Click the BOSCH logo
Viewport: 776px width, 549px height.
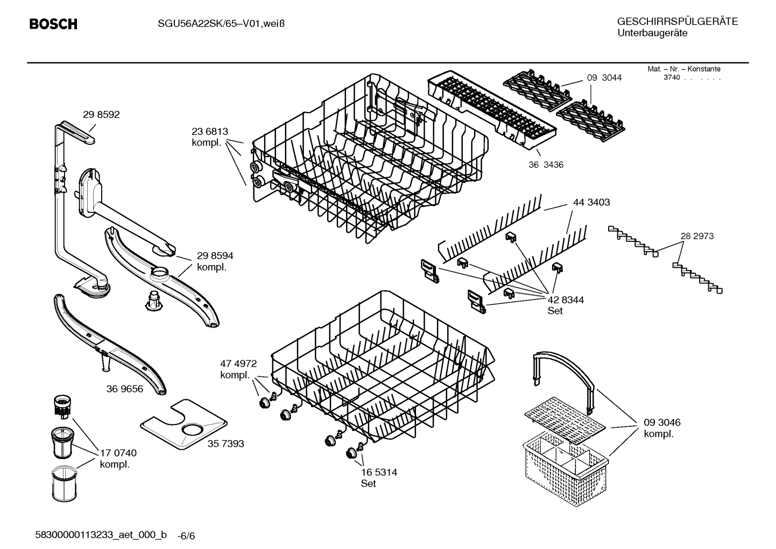53,24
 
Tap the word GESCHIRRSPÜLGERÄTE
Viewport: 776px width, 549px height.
678,22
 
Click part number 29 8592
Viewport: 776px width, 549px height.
101,114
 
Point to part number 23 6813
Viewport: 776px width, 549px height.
210,131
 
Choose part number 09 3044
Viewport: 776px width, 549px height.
604,78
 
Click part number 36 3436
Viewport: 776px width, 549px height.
546,165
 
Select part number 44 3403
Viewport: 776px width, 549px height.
591,202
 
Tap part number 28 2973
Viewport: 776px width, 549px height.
697,236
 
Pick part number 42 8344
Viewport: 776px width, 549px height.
566,300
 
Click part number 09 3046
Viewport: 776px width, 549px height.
662,422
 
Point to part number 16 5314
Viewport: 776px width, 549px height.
379,472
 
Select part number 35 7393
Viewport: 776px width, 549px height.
225,443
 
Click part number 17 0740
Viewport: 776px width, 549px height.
118,453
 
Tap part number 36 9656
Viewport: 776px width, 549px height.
125,389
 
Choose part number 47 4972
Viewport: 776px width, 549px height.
238,364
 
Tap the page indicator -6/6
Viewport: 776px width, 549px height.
186,536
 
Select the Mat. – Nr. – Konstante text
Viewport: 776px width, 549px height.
684,69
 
